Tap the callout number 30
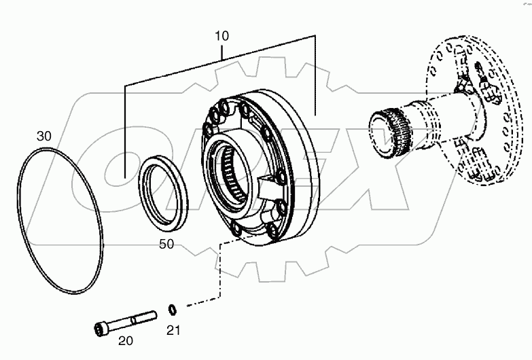(x=43, y=136)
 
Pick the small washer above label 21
(x=173, y=311)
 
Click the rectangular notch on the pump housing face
(x=269, y=182)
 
